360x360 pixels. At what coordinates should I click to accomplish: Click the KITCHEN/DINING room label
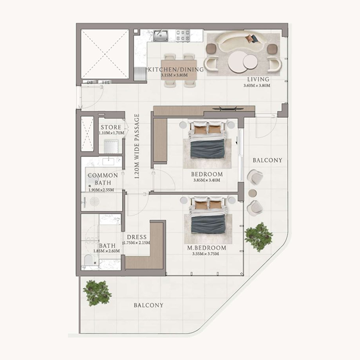click(x=176, y=70)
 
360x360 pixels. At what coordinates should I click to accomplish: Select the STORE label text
click(x=111, y=128)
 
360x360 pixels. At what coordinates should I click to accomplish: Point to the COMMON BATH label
click(x=103, y=179)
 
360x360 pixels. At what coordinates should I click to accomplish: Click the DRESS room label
click(x=137, y=238)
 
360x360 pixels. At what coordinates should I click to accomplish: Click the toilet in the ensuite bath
click(x=89, y=261)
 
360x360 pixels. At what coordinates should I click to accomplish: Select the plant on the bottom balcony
click(x=97, y=292)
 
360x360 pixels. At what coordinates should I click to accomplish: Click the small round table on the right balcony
click(x=252, y=193)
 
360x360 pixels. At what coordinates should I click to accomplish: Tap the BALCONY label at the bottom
click(x=148, y=305)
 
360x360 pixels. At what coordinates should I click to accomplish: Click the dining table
click(x=179, y=69)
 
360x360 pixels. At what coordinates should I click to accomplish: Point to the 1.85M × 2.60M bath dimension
click(x=103, y=252)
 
